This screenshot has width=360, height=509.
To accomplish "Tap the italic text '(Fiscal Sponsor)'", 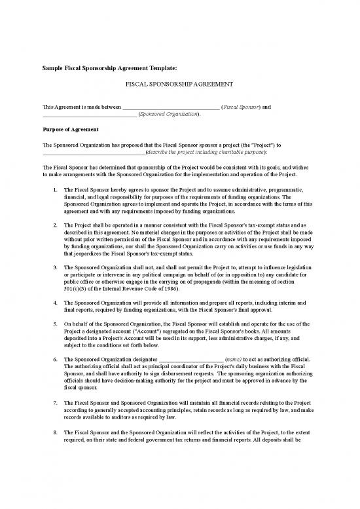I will point(241,107).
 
